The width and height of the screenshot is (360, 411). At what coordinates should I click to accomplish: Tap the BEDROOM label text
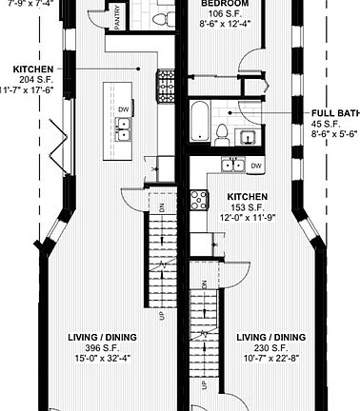226,4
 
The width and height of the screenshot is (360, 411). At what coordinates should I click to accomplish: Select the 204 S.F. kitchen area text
32,80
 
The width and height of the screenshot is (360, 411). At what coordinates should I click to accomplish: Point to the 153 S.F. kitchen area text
246,208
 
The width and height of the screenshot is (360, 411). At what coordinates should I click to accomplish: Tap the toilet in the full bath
222,130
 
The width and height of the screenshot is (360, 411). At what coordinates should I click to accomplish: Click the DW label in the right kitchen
256,166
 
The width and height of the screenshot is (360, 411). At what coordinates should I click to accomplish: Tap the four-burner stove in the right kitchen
200,199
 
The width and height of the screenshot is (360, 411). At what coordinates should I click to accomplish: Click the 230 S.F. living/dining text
271,349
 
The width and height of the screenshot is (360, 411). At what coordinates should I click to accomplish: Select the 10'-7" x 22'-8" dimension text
271,361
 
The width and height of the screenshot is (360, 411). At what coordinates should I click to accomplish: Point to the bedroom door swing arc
249,71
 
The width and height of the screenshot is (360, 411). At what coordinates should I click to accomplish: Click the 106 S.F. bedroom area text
226,14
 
